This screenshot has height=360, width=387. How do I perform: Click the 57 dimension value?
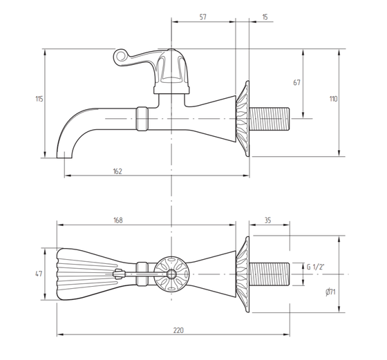(x=202, y=17)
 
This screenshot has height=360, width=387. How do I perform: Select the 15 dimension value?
(x=265, y=17)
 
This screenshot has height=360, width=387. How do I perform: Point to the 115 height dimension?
(x=39, y=99)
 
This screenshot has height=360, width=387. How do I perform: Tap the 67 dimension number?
(x=296, y=82)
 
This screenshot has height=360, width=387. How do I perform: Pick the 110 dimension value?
(x=333, y=99)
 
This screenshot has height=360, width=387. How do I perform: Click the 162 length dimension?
(x=117, y=171)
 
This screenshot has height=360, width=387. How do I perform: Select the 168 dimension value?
(x=118, y=220)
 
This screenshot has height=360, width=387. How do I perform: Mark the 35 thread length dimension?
(x=268, y=220)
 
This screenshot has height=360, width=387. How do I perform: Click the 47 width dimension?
(x=39, y=274)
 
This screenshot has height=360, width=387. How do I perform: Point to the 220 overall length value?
(x=178, y=330)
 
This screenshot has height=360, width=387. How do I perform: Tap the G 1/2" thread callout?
(x=315, y=267)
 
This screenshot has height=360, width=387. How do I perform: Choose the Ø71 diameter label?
(x=330, y=292)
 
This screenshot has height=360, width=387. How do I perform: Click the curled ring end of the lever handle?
(x=120, y=57)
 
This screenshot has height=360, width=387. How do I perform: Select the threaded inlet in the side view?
(x=270, y=119)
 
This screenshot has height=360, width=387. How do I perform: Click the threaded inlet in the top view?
(x=270, y=274)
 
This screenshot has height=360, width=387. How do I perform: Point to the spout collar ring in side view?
(x=142, y=119)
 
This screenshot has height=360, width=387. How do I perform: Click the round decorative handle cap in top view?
(x=171, y=274)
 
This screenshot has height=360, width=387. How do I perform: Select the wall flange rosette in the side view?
(x=243, y=118)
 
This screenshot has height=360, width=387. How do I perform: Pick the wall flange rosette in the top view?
(x=243, y=274)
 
